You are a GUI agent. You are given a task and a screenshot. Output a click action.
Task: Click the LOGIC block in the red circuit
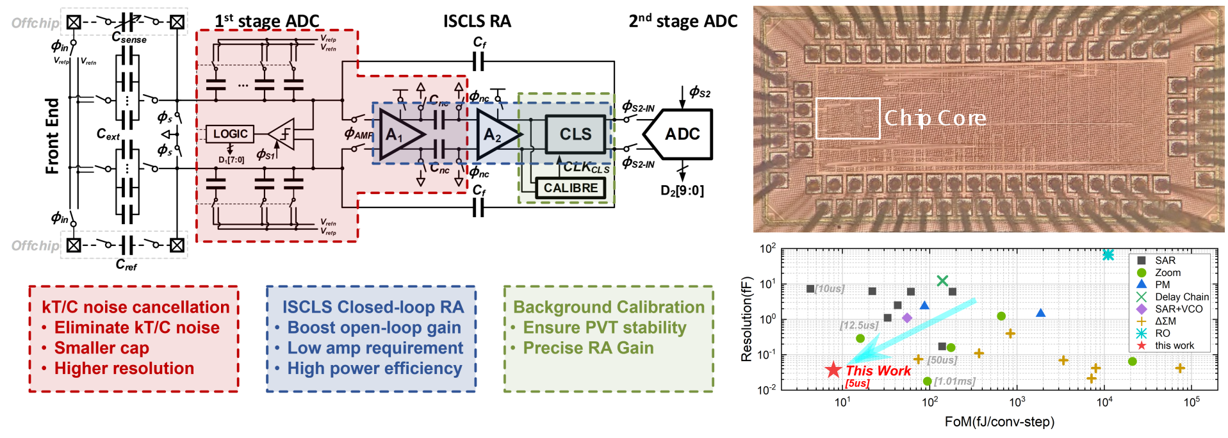(x=230, y=134)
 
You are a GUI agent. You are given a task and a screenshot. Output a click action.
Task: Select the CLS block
(x=575, y=134)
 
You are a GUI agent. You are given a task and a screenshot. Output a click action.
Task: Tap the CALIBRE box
(x=570, y=188)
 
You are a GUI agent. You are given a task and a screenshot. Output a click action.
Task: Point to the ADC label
(x=682, y=134)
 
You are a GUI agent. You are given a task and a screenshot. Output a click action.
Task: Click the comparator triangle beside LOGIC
(x=282, y=134)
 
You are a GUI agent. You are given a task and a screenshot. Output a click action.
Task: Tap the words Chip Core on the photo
(x=935, y=118)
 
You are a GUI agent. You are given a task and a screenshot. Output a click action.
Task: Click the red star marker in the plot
(x=833, y=370)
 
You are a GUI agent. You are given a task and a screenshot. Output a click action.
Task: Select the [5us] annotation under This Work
(x=857, y=384)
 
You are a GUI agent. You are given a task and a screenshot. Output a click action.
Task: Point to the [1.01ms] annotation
(x=954, y=382)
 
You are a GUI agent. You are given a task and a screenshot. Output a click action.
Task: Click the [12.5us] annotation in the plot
(x=859, y=325)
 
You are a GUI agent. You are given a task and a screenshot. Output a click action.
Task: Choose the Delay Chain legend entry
(x=1181, y=296)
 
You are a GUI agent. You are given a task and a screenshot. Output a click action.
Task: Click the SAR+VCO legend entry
(x=1178, y=309)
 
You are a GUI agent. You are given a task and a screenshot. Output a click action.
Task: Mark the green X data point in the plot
(x=942, y=280)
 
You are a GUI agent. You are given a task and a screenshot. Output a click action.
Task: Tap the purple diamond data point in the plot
(x=907, y=318)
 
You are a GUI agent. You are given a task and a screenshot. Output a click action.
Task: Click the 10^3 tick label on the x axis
(x=1017, y=402)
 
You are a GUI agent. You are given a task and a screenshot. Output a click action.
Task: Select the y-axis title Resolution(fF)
(x=746, y=320)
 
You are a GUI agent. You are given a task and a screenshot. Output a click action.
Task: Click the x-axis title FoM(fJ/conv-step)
(x=999, y=421)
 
